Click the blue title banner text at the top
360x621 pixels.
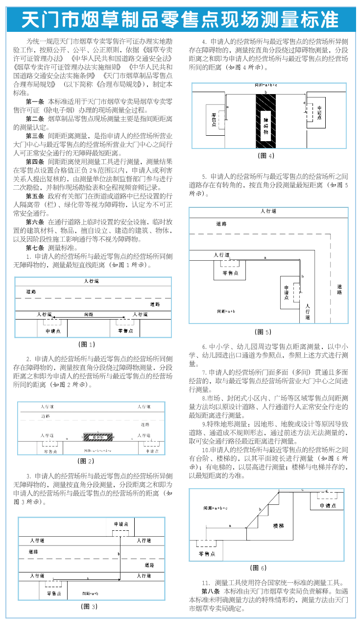(180, 19)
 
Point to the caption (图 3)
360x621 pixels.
(89, 606)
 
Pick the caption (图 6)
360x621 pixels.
(258, 568)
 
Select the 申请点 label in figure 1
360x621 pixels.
(52, 331)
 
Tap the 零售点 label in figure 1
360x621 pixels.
(125, 331)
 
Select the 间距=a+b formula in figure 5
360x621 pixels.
(226, 311)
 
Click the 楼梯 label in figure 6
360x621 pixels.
(278, 525)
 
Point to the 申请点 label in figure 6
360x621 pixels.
(328, 505)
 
